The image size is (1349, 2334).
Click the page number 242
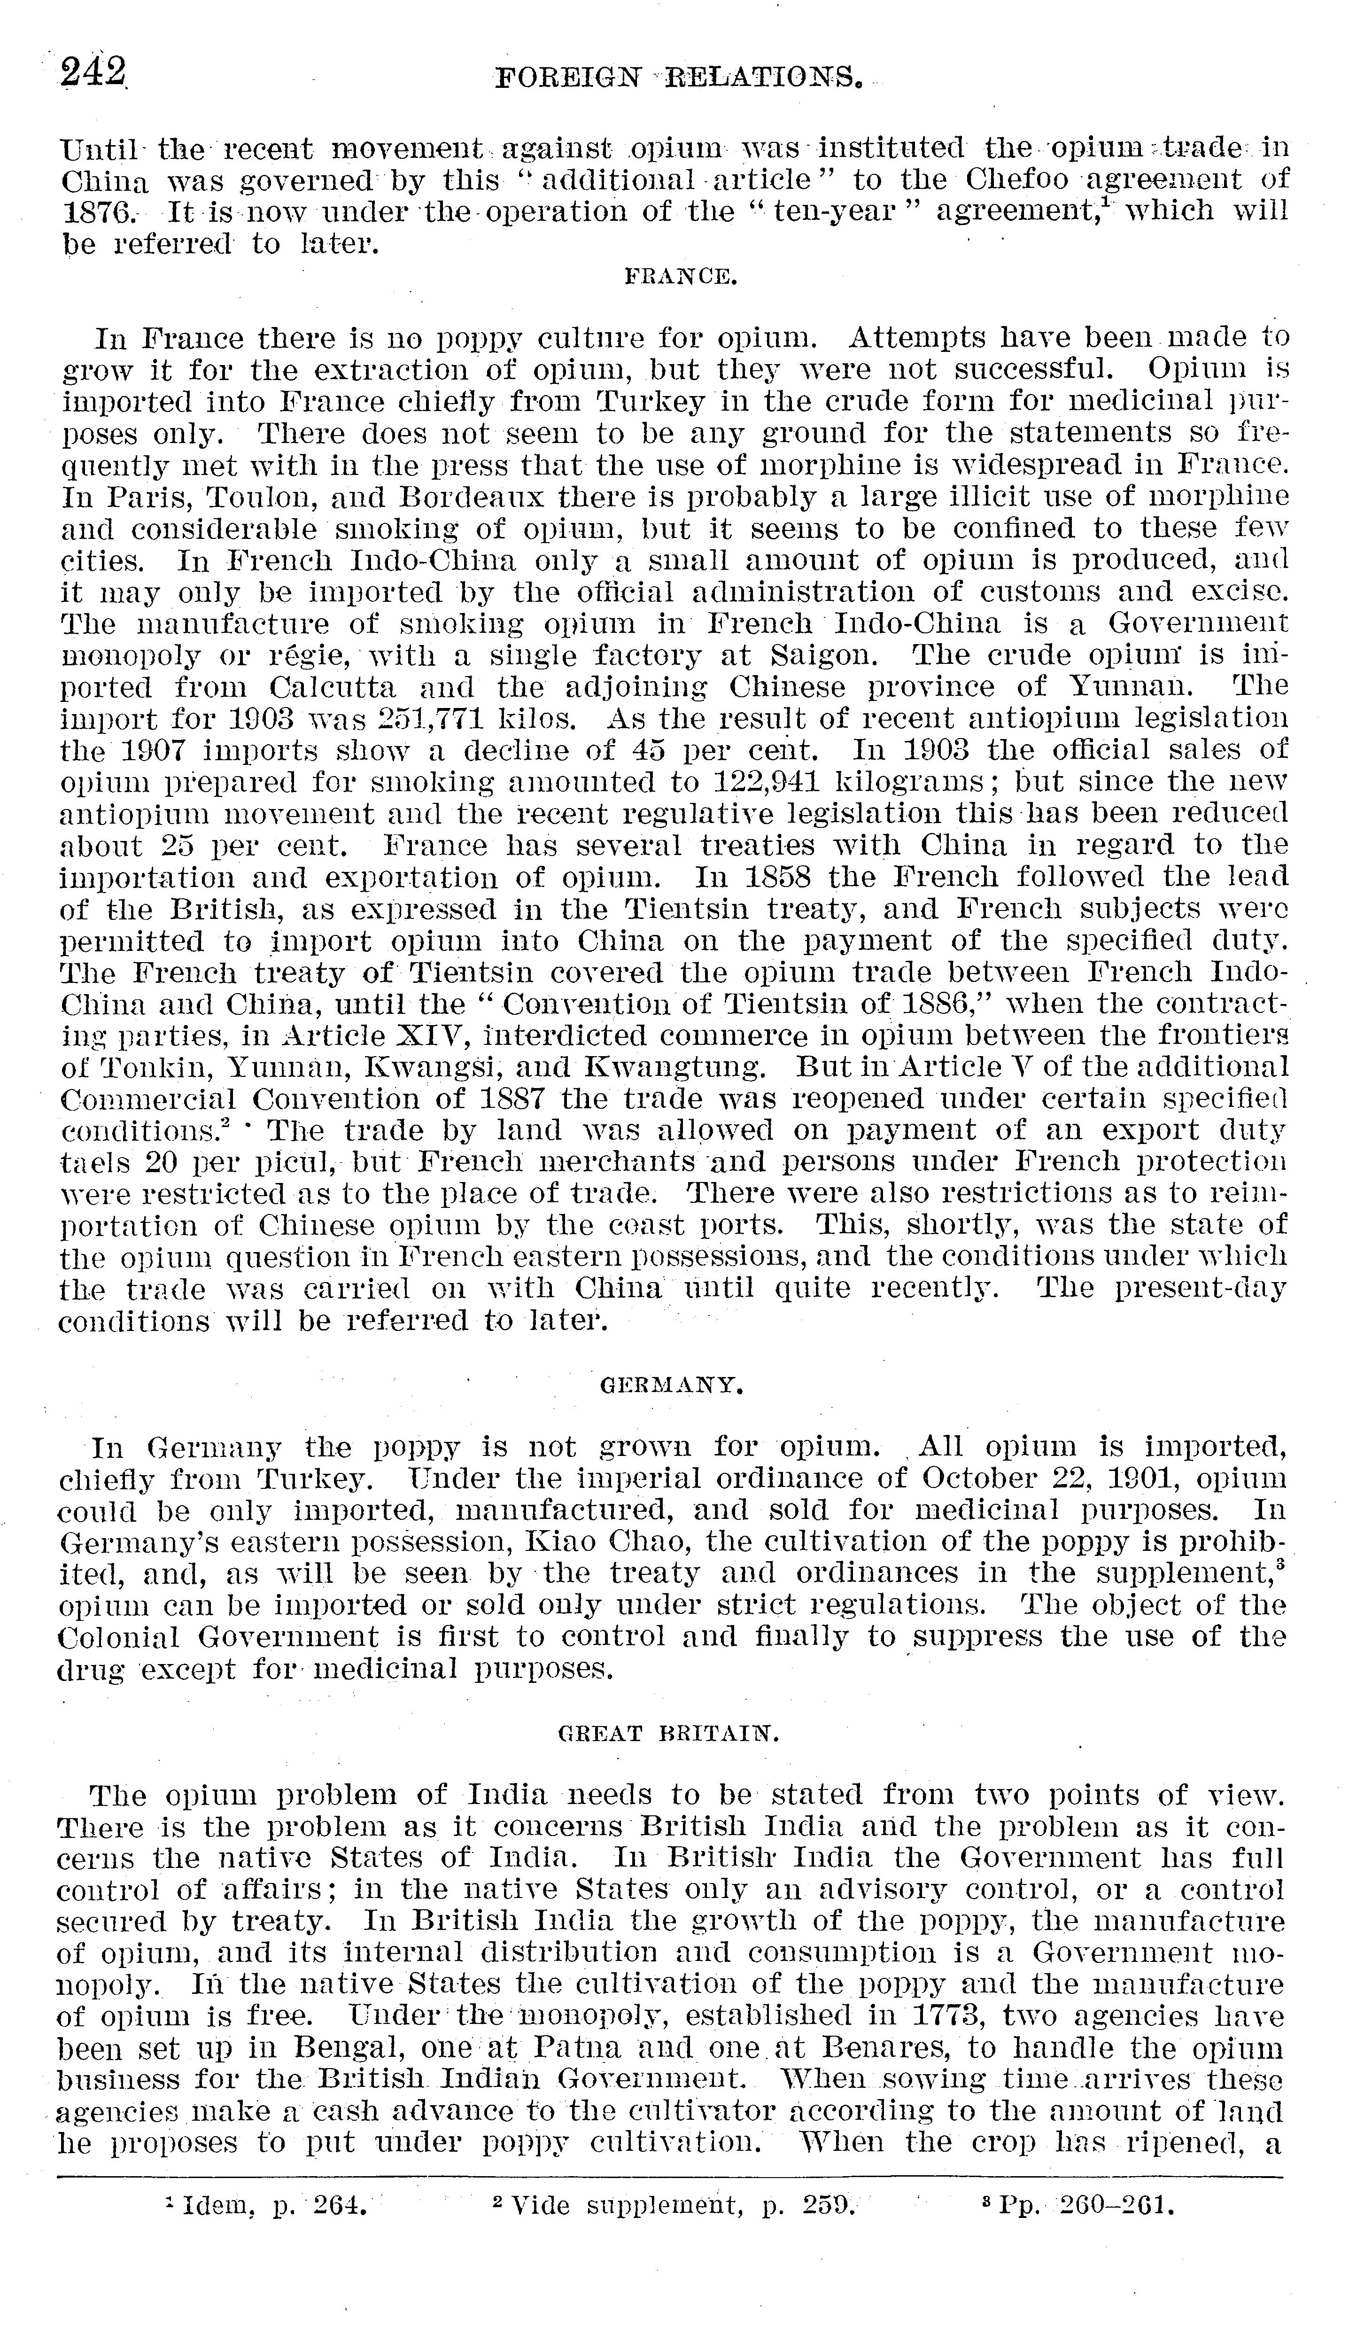point(93,72)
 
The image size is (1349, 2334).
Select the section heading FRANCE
point(681,275)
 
